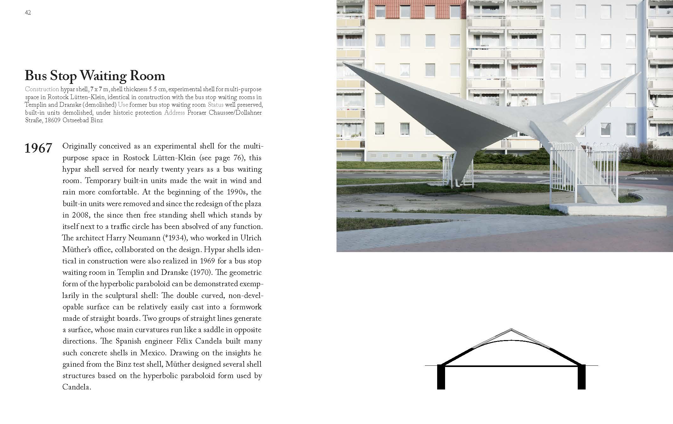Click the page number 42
(x=28, y=13)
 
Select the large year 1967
(x=38, y=148)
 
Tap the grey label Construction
(x=42, y=89)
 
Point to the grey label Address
(x=174, y=113)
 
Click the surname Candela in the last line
(x=76, y=387)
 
